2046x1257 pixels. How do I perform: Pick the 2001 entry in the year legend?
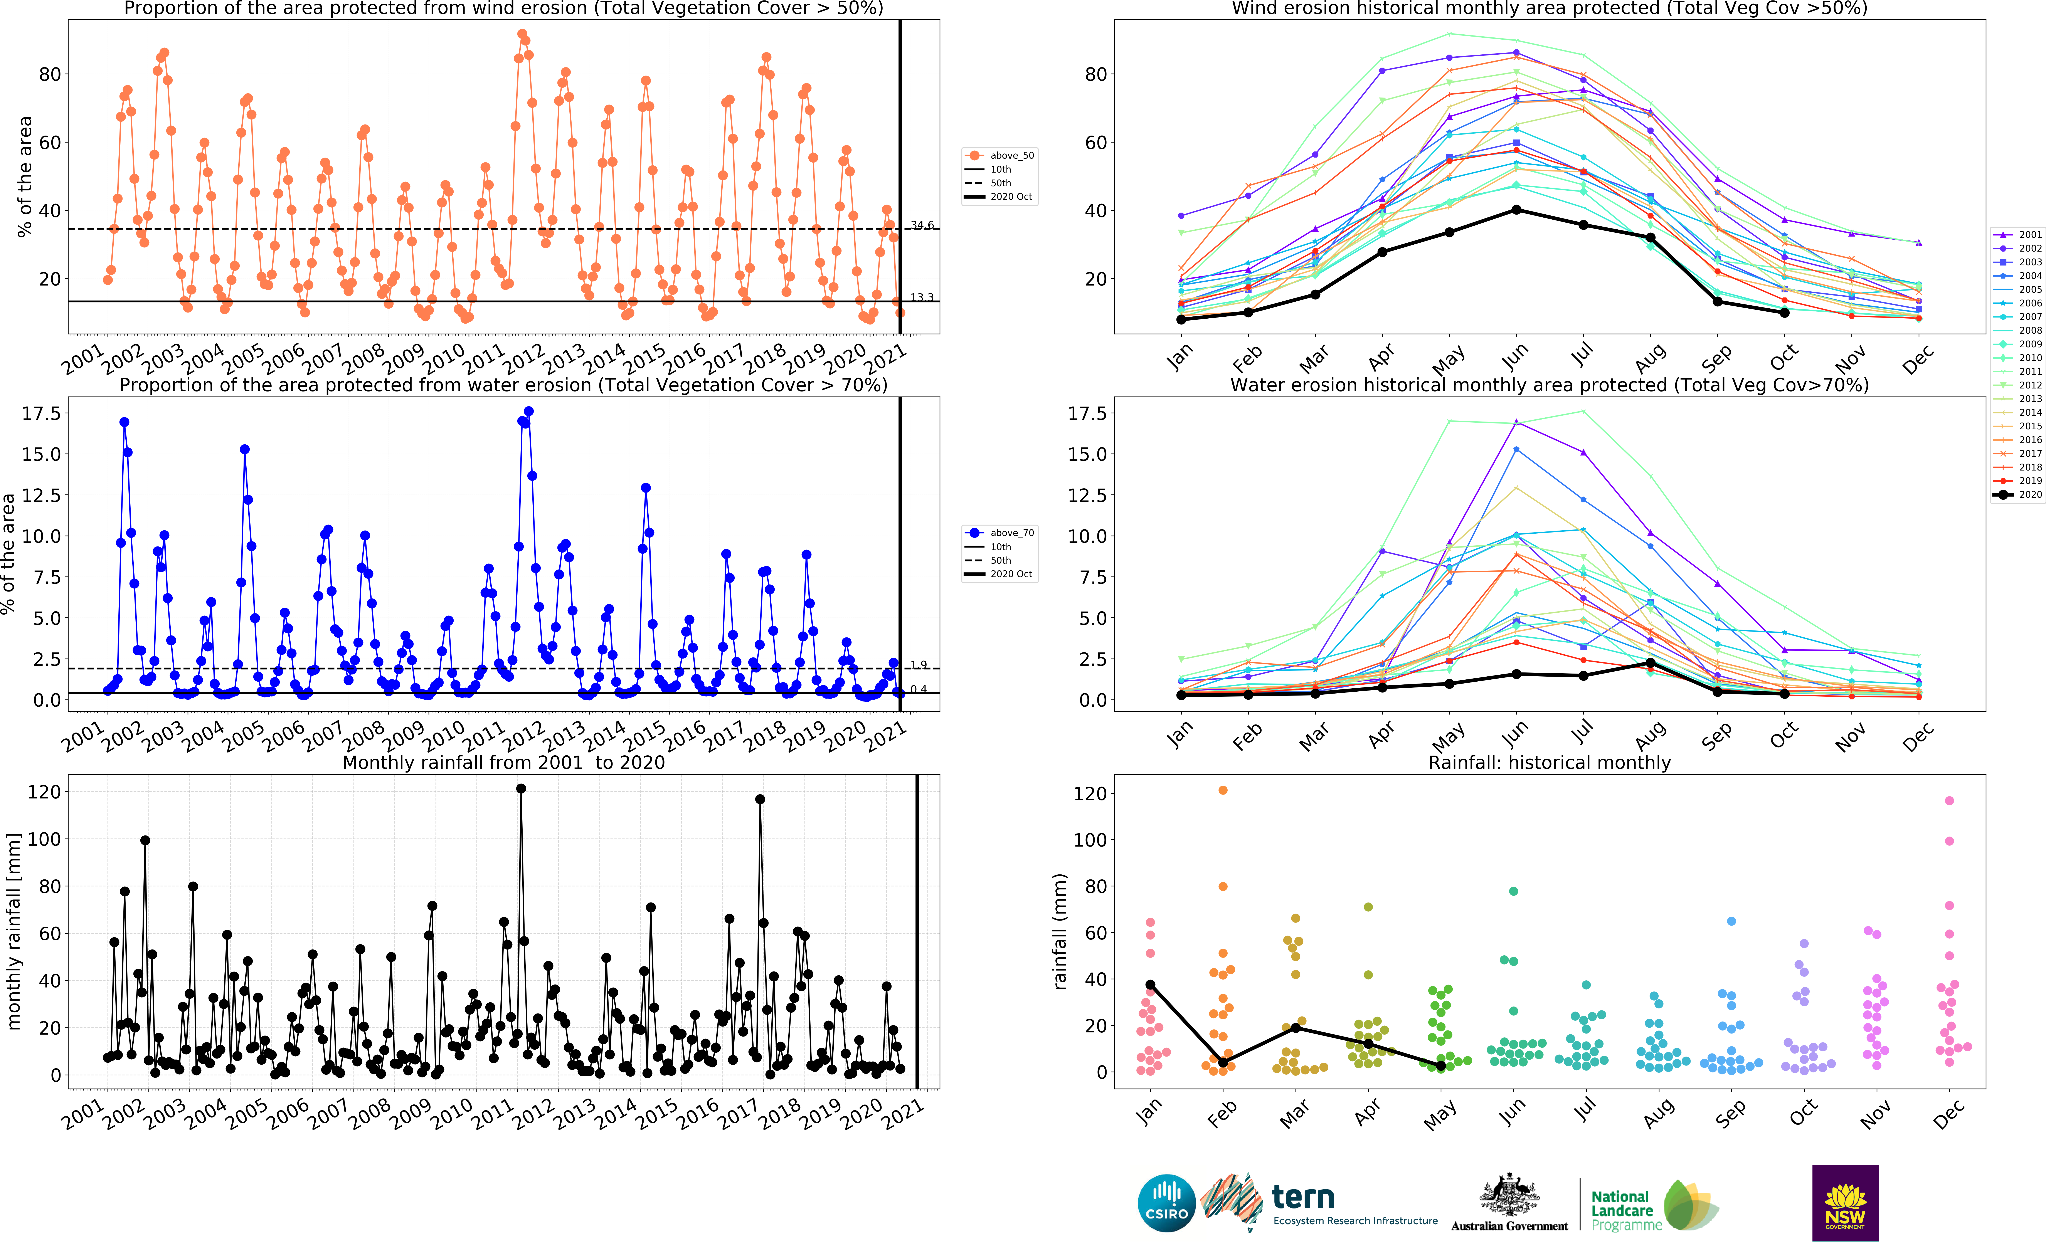(x=2018, y=234)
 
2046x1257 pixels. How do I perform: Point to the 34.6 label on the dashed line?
(x=922, y=224)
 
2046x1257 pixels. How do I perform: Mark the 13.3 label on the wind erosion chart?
(x=922, y=297)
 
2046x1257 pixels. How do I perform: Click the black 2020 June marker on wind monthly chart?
(x=1516, y=210)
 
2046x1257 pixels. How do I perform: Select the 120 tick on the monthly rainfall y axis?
(x=44, y=792)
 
